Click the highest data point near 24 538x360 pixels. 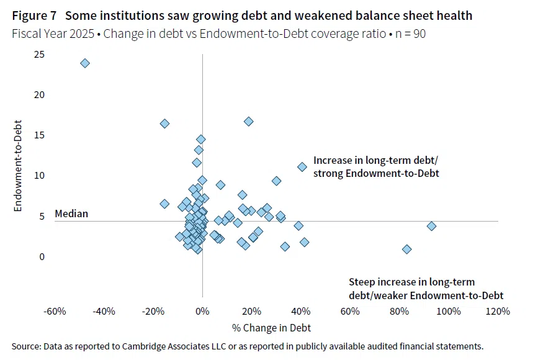[x=85, y=63]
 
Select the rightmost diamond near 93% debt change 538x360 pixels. [x=431, y=226]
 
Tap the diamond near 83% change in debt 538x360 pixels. [x=406, y=249]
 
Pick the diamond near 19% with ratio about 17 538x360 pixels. [x=248, y=122]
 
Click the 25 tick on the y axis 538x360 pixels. [x=39, y=55]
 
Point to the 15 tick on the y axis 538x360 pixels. [x=39, y=135]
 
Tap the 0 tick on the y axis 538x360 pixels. [x=42, y=257]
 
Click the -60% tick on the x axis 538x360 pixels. [x=55, y=312]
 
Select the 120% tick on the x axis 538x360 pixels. [x=498, y=312]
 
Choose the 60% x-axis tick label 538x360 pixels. [x=350, y=312]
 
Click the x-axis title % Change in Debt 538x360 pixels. [x=271, y=328]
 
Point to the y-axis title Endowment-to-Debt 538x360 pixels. [x=17, y=166]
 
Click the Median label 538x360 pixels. [x=71, y=214]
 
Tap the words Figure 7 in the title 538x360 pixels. [x=34, y=16]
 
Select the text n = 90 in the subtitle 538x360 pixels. [x=410, y=34]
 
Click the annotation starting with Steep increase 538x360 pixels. [x=426, y=289]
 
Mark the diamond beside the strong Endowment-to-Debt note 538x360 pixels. [x=302, y=167]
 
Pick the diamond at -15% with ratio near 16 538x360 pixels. [x=164, y=124]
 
